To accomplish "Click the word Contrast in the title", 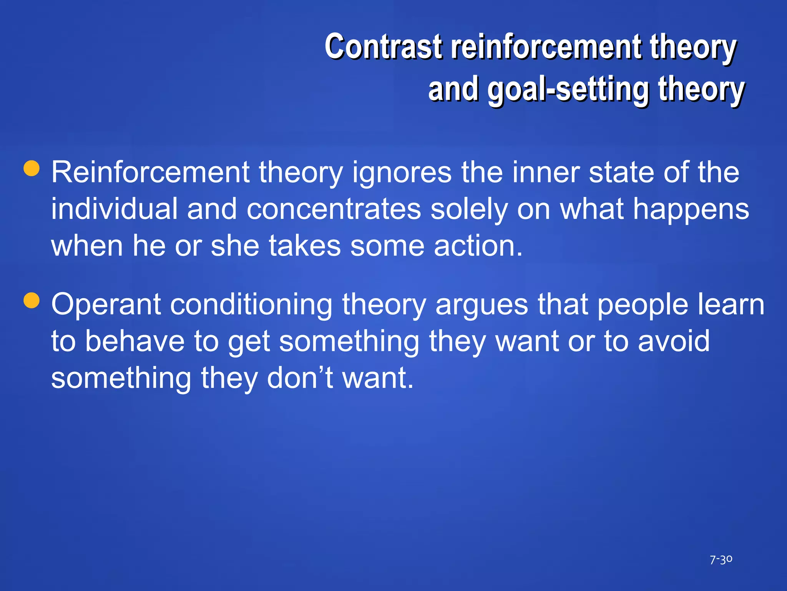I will coord(383,47).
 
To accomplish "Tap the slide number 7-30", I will coord(721,559).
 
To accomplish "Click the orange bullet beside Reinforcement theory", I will coord(32,168).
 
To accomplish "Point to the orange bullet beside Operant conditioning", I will coord(32,301).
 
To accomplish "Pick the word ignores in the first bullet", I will coord(402,173).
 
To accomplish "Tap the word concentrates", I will coord(334,210).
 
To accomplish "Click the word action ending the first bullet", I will coord(478,246).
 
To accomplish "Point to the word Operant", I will coord(106,305).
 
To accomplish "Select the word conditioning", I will coord(251,305).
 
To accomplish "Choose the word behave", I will coord(134,341).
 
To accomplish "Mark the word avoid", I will coord(674,341).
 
